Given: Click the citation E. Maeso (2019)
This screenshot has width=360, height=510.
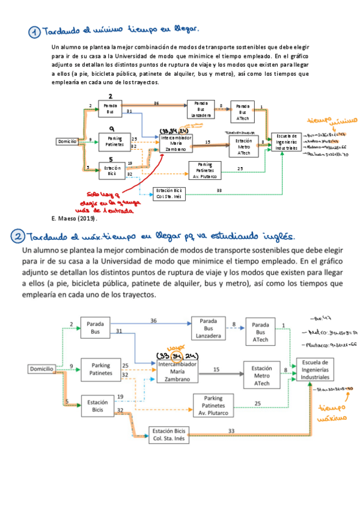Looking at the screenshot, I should (x=70, y=218).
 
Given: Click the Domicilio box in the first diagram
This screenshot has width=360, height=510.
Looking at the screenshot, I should (x=67, y=142).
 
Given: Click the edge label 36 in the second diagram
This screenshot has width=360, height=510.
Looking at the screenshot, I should (x=153, y=321).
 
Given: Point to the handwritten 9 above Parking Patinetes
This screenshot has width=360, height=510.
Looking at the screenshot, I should (x=111, y=129).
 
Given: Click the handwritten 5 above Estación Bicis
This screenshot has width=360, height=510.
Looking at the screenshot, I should (x=111, y=159).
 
